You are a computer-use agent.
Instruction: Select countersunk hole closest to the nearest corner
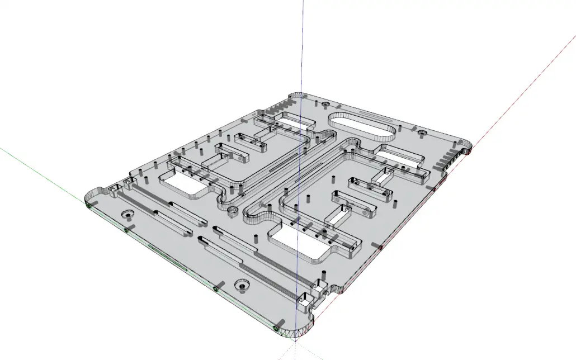click(242, 285)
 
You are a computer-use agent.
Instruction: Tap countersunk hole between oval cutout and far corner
click(324, 105)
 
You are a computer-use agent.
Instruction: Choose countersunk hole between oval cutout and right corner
click(422, 132)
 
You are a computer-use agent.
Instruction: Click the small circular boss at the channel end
click(232, 210)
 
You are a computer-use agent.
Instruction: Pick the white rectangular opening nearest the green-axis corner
click(182, 182)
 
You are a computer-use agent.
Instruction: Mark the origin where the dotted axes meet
click(295, 342)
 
